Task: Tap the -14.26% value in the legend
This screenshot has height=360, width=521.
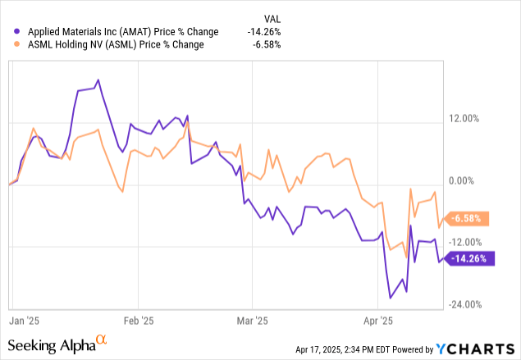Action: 264,32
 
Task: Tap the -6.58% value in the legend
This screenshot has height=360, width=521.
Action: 267,44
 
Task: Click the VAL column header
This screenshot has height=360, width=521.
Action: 271,16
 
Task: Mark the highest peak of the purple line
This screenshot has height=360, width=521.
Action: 98,80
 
